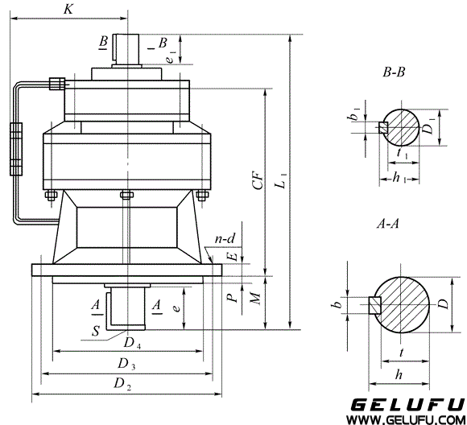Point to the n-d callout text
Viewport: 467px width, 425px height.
point(225,239)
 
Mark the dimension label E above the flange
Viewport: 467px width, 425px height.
point(232,257)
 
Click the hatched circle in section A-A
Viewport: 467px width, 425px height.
point(404,304)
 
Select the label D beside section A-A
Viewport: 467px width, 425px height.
point(442,304)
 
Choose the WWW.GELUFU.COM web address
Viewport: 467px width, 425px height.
point(404,419)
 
